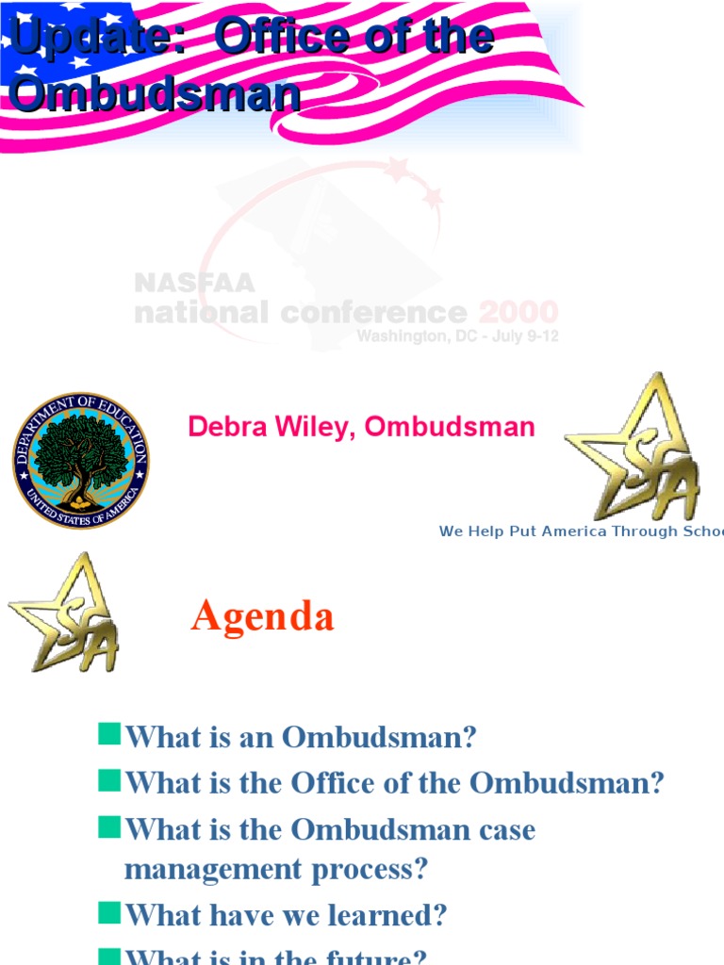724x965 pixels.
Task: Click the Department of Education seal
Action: click(80, 461)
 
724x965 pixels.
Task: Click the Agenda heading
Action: click(262, 617)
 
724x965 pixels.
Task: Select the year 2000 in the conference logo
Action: click(518, 312)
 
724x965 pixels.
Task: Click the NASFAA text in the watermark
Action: click(194, 283)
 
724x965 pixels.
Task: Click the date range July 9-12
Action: click(523, 336)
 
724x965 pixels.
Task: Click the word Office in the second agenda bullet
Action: click(335, 783)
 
